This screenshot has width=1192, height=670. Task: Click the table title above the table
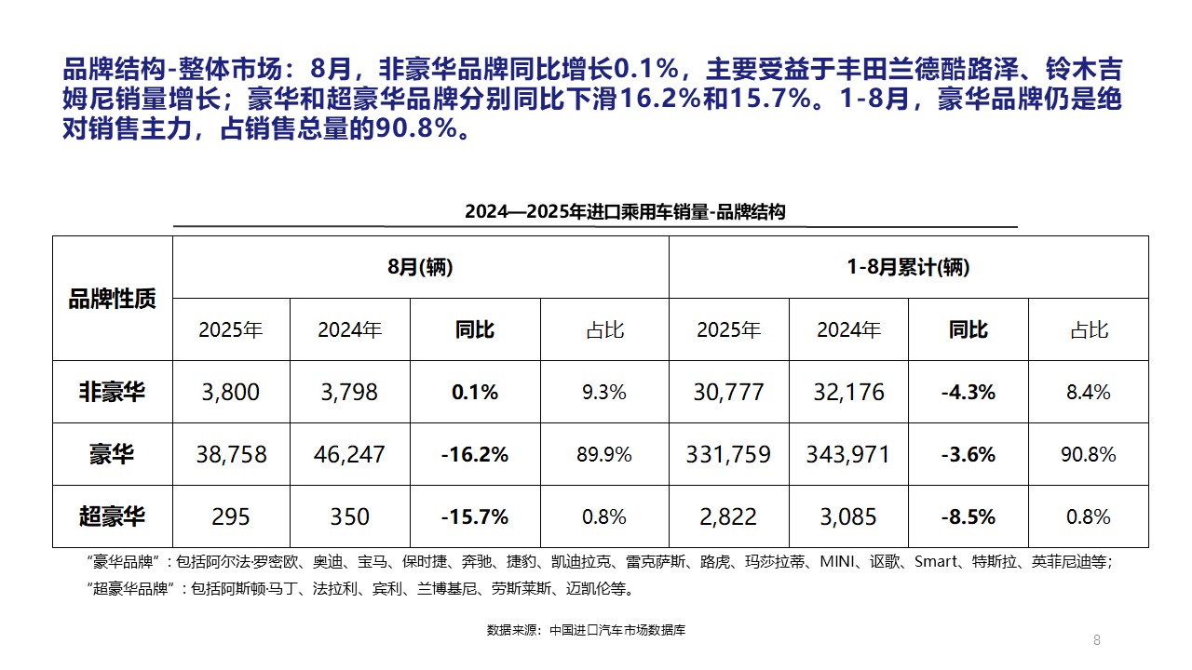pos(625,212)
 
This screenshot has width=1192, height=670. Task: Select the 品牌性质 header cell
pos(112,299)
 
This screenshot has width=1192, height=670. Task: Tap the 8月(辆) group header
pos(420,268)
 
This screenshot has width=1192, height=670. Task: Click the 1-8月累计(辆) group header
pos(908,268)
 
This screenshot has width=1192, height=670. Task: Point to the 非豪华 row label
pos(112,392)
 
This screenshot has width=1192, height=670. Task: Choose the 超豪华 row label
pos(112,516)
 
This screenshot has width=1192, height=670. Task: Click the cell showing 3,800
pos(231,392)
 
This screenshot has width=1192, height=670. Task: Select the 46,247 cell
pos(349,454)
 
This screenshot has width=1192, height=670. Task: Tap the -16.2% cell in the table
pos(475,454)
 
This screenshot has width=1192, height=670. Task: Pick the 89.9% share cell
pos(604,454)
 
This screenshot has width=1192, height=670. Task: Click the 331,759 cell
pos(728,454)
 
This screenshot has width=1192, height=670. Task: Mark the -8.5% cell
pos(968,516)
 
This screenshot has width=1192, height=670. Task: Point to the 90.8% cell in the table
pos(1088,454)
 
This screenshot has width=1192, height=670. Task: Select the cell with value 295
pos(231,516)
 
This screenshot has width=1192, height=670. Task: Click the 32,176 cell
pos(848,392)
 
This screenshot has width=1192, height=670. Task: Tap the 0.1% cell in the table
pos(475,392)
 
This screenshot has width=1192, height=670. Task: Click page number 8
pos(1097,639)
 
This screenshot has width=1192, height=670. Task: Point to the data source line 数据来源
pos(586,630)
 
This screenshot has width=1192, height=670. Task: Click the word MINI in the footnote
pos(839,562)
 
